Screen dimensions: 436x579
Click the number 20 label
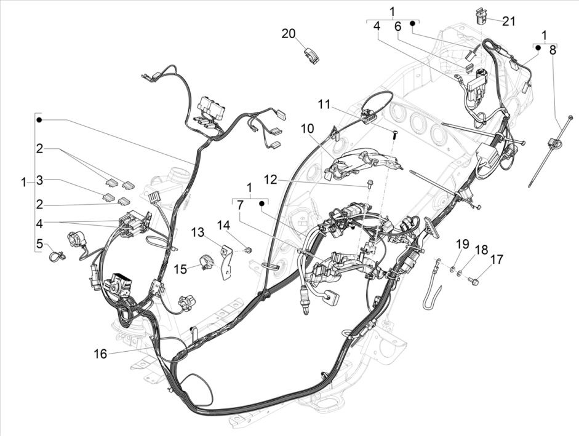coord(289,33)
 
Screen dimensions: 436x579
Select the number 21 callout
coord(508,21)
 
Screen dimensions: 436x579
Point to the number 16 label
coord(100,354)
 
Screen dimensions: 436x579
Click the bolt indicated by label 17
coord(474,281)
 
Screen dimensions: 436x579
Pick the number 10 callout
coord(307,128)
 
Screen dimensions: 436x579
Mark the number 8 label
coord(553,50)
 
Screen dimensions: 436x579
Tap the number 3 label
coord(40,180)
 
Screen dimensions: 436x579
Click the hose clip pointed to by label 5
coord(57,255)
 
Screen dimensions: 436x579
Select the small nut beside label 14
coord(248,250)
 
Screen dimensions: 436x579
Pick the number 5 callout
coord(40,244)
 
